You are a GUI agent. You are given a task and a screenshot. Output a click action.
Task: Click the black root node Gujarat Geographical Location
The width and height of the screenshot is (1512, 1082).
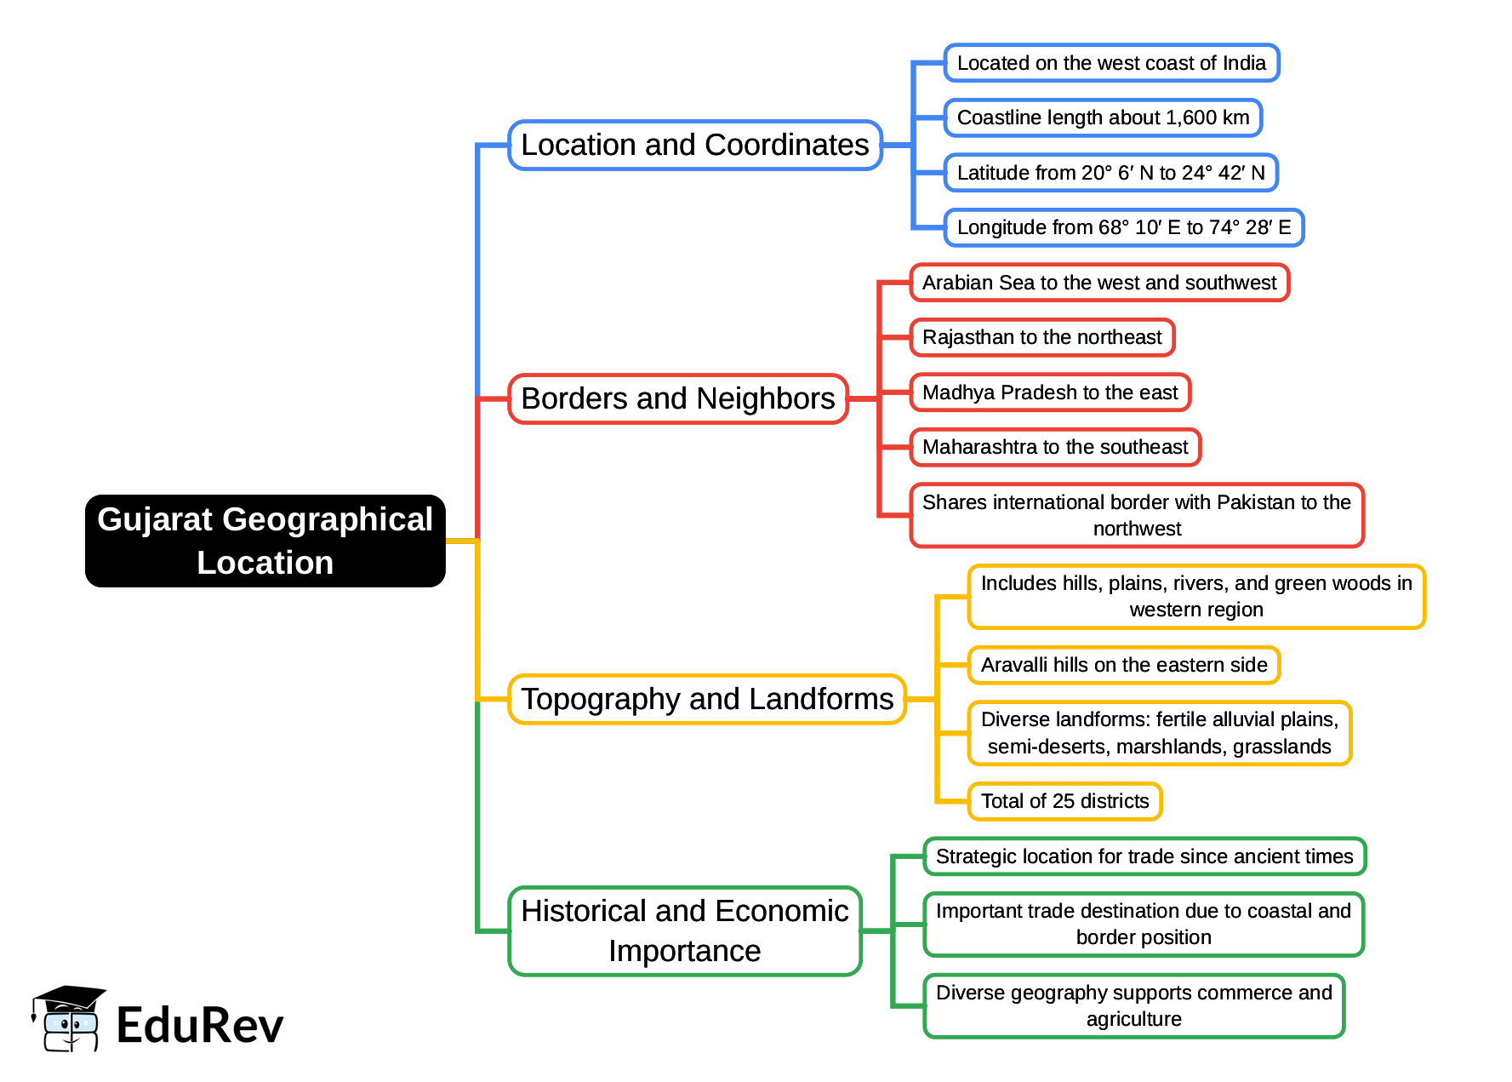pyautogui.click(x=265, y=541)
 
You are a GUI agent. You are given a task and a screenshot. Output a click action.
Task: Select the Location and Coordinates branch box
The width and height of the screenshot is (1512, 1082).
pyautogui.click(x=694, y=145)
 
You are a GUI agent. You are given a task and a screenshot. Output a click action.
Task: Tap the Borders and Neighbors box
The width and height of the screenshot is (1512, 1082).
pyautogui.click(x=677, y=398)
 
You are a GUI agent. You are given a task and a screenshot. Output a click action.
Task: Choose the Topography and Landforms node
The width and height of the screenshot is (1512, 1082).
pyautogui.click(x=706, y=699)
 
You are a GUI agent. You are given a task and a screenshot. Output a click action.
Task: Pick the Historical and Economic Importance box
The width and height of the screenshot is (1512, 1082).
pyautogui.click(x=684, y=930)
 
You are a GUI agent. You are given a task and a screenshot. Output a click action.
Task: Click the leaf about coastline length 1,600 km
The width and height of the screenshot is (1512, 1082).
pyautogui.click(x=1103, y=117)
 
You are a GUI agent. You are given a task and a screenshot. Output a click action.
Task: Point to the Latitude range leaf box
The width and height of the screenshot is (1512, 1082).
pyautogui.click(x=1110, y=173)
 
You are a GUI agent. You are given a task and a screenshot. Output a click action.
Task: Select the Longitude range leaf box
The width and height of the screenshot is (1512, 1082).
pyautogui.click(x=1123, y=227)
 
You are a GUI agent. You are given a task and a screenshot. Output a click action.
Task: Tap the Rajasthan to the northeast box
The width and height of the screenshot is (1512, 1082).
pyautogui.click(x=1041, y=337)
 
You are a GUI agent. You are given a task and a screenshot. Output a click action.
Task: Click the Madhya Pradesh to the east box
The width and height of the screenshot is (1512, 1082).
pyautogui.click(x=1049, y=392)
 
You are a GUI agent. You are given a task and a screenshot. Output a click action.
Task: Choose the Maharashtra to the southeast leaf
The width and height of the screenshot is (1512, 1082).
pyautogui.click(x=1054, y=447)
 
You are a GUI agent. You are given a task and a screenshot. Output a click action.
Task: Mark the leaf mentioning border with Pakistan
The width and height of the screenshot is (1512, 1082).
pyautogui.click(x=1136, y=515)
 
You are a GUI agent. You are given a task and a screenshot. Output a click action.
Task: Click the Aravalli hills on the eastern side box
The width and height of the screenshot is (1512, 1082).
pyautogui.click(x=1123, y=665)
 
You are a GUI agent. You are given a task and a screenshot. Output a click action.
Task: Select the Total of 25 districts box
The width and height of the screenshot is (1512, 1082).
pyautogui.click(x=1064, y=801)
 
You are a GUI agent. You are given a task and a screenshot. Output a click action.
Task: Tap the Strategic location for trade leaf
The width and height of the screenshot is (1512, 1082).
pyautogui.click(x=1144, y=856)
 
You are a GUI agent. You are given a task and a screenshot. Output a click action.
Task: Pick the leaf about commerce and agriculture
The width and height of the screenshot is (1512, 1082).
pyautogui.click(x=1133, y=1005)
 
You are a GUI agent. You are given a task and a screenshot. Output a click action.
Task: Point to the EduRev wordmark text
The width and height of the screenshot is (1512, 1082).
pyautogui.click(x=199, y=1024)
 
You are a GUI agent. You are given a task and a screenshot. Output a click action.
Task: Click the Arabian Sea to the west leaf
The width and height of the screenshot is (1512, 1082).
pyautogui.click(x=1098, y=283)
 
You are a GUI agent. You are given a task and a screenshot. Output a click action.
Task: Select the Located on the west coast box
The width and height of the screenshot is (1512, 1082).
pyautogui.click(x=1110, y=63)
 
